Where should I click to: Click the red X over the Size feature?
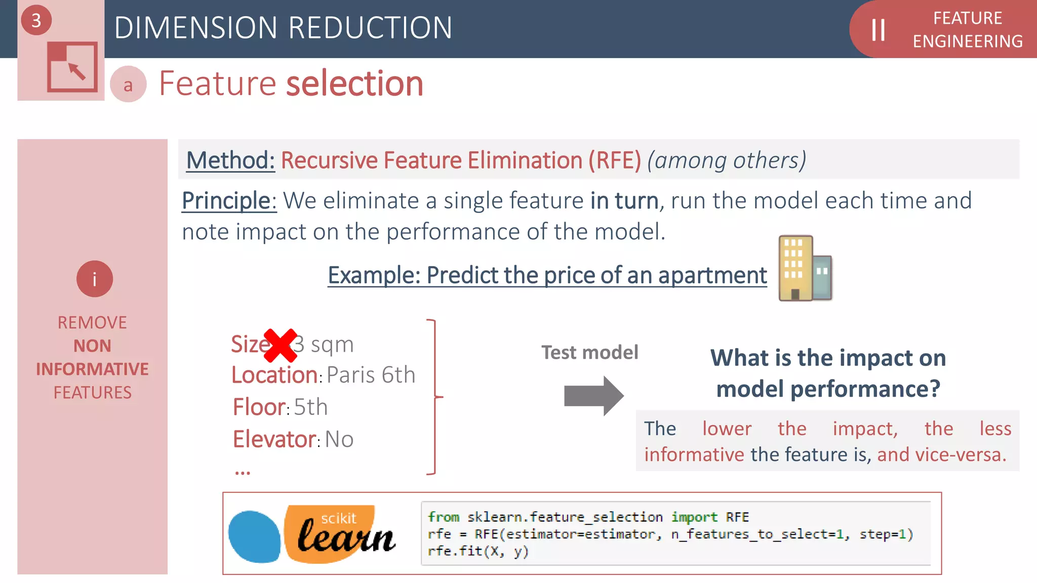(280, 345)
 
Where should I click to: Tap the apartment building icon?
(804, 268)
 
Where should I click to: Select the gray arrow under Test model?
(593, 396)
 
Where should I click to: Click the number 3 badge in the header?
(36, 21)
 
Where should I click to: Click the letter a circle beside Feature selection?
(128, 85)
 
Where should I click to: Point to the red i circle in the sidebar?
(94, 279)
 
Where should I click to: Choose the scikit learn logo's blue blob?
(254, 536)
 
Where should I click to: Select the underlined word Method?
(230, 160)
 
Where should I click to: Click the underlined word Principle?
(229, 201)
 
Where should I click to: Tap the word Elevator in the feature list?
(274, 439)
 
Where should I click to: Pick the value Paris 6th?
(371, 375)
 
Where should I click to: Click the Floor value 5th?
(310, 407)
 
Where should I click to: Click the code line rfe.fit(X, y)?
(477, 551)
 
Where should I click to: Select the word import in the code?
(694, 517)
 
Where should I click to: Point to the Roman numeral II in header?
(878, 30)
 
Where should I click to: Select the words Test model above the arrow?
(589, 352)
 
